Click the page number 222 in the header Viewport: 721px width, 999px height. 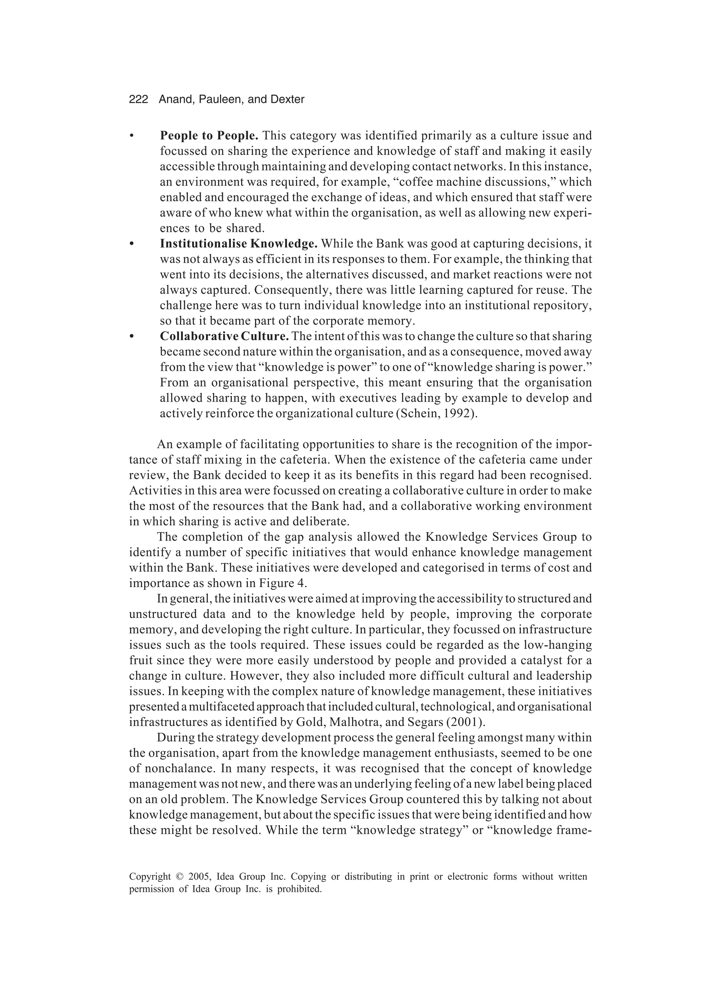point(138,100)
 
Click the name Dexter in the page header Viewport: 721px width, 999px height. point(288,100)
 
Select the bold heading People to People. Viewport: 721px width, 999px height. point(209,135)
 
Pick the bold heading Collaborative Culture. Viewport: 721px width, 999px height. point(224,336)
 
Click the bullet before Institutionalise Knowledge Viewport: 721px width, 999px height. point(131,244)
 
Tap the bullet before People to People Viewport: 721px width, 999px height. point(131,136)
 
